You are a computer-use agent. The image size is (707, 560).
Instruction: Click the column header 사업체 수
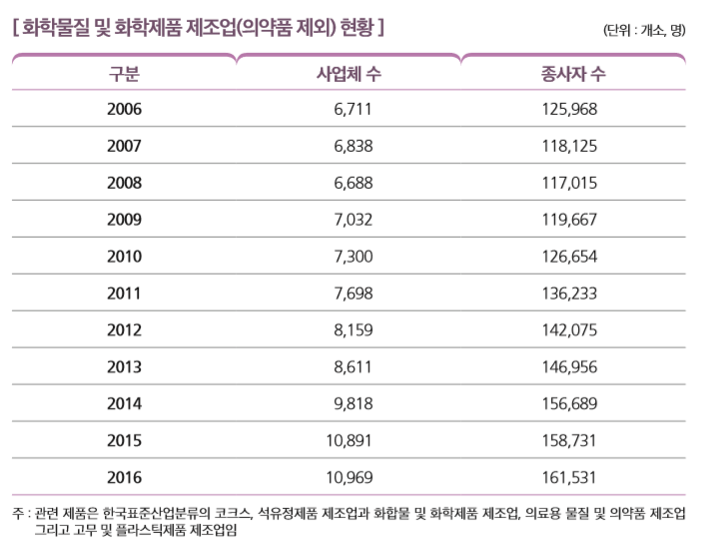(x=349, y=74)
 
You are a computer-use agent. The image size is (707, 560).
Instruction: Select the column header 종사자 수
(x=572, y=74)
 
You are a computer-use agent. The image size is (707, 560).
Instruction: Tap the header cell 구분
(x=124, y=74)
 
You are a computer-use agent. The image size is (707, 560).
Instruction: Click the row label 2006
(x=124, y=109)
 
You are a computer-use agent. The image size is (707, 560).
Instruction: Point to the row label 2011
(x=124, y=293)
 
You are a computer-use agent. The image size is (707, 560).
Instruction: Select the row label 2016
(x=124, y=477)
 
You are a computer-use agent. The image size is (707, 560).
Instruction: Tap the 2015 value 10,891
(x=349, y=441)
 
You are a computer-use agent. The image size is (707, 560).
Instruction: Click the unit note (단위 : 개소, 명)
(x=644, y=29)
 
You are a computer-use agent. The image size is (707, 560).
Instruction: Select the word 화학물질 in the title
(x=55, y=27)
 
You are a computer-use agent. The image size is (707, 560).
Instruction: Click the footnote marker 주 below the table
(x=18, y=514)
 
